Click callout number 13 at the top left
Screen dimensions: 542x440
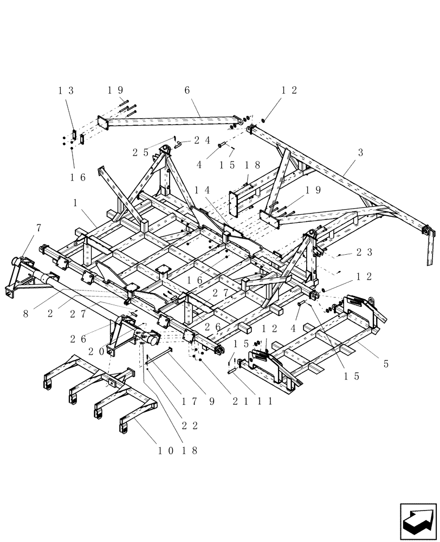pyautogui.click(x=66, y=91)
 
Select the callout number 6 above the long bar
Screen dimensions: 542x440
pyautogui.click(x=187, y=91)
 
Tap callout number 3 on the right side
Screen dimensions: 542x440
pyautogui.click(x=359, y=153)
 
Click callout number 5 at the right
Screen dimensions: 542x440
pyautogui.click(x=386, y=364)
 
